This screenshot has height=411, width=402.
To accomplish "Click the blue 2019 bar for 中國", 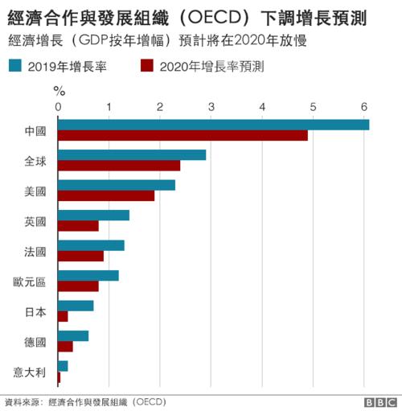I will [213, 124].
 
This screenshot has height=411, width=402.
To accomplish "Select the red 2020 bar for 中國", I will [183, 135].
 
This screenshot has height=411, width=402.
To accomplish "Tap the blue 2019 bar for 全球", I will [132, 154].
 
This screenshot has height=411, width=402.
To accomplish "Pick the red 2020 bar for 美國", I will [106, 195].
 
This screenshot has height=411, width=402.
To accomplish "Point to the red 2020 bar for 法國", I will [80, 256].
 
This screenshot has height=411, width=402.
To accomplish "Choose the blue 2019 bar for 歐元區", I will [88, 276].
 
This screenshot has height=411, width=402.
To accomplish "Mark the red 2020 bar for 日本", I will [63, 317].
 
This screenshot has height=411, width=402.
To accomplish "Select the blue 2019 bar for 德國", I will [73, 336].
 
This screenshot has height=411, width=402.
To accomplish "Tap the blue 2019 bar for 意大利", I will [63, 366].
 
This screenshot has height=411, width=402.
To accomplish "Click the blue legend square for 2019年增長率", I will [15, 66].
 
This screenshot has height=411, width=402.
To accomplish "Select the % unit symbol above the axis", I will [59, 90].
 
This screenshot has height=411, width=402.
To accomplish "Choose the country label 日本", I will [36, 311].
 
